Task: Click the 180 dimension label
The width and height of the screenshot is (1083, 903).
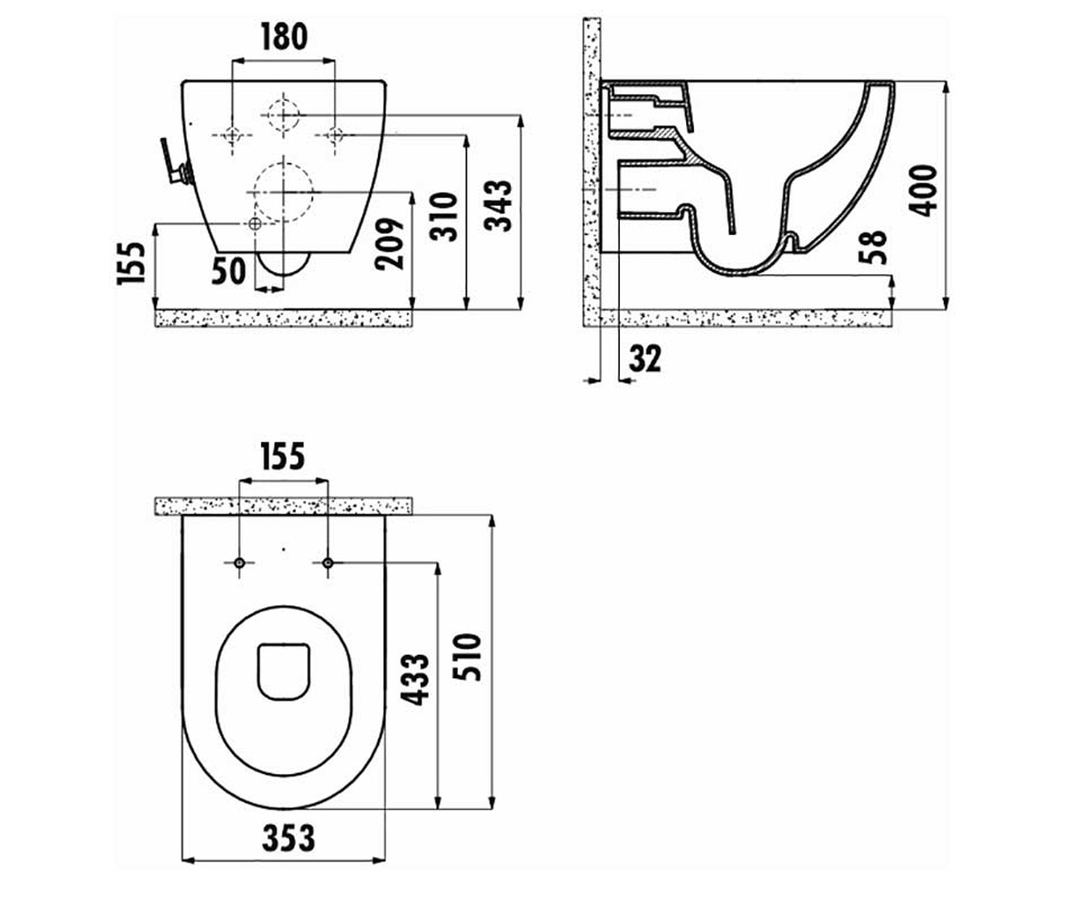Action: (283, 37)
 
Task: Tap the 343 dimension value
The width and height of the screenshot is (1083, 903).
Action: (497, 205)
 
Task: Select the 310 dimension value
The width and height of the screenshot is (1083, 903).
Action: (443, 217)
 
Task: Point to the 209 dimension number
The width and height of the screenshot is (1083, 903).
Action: (390, 244)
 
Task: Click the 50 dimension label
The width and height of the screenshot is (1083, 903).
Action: (228, 272)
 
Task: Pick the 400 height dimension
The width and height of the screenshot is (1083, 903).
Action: (923, 191)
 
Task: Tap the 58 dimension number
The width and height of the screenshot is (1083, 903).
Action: (873, 247)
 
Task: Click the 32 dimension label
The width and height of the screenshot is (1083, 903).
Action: (645, 358)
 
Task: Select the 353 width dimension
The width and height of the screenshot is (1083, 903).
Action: (289, 838)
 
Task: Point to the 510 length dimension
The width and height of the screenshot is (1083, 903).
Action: (467, 657)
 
